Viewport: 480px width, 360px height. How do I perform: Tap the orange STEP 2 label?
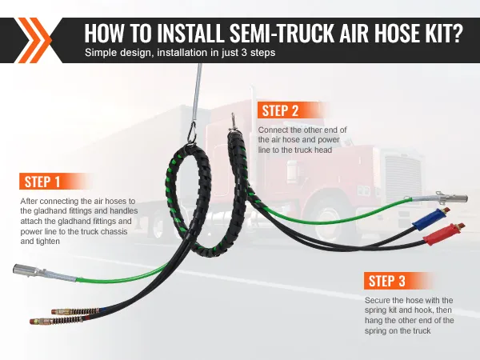coord(280,110)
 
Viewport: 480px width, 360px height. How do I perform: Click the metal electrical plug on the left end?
coord(27,270)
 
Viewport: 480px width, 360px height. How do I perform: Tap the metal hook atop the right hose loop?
coord(234,122)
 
